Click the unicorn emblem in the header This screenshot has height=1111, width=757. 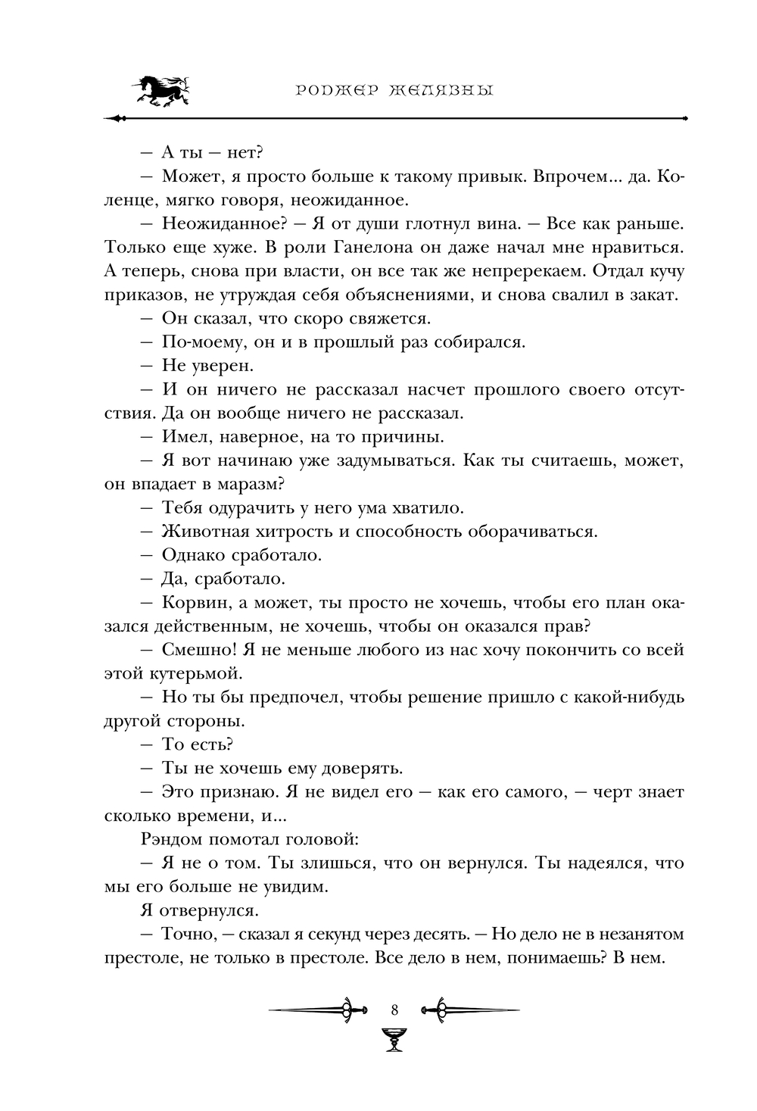pyautogui.click(x=160, y=91)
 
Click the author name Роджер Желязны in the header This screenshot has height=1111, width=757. pyautogui.click(x=393, y=91)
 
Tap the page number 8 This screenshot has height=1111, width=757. pyautogui.click(x=394, y=1010)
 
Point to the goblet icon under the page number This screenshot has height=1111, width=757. pyautogui.click(x=394, y=1038)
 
